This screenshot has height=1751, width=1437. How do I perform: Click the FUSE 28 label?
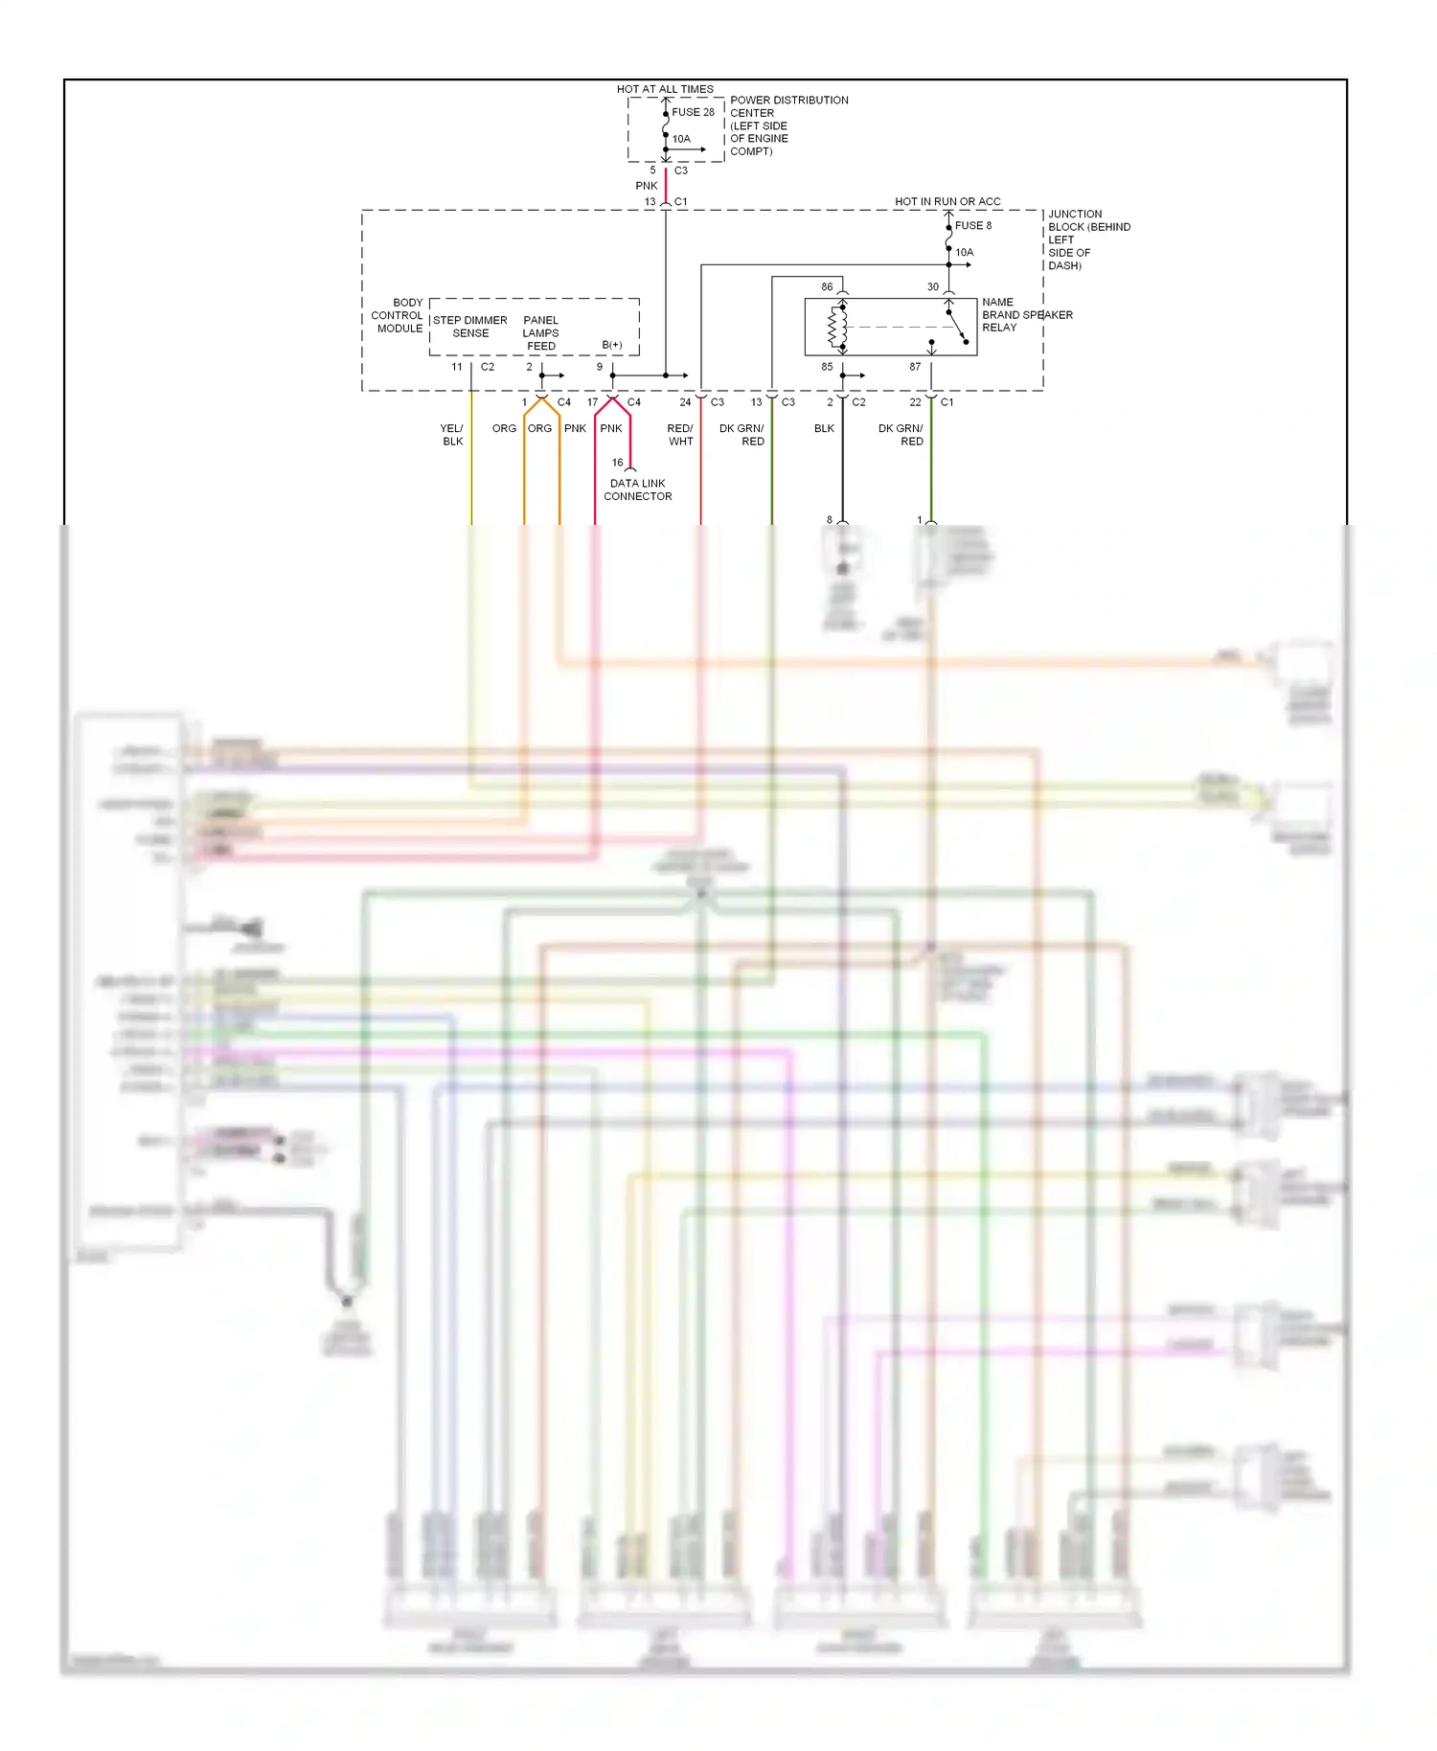tap(693, 112)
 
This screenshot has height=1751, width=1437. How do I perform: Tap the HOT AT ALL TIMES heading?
tap(664, 89)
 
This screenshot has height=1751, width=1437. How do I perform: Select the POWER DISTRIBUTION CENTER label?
tap(788, 125)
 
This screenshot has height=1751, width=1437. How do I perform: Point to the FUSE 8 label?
tap(972, 226)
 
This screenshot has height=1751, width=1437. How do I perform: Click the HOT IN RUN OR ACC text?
tap(947, 202)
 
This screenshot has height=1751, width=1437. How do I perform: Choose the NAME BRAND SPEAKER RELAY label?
tap(1026, 315)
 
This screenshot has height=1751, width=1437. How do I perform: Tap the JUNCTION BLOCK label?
tap(1088, 239)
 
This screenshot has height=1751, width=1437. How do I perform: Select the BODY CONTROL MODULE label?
tap(398, 315)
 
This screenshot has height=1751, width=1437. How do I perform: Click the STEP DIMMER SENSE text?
tap(470, 327)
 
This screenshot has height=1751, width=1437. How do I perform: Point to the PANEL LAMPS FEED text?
tap(540, 333)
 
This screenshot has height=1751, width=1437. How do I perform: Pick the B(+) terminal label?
tap(611, 345)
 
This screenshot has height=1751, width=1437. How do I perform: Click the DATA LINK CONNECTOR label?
tap(637, 489)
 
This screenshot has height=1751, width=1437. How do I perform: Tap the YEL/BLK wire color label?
tap(452, 435)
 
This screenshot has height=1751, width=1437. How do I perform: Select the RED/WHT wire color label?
tap(680, 435)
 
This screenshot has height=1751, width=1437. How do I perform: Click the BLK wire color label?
tap(824, 428)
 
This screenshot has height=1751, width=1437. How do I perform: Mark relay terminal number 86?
tap(827, 286)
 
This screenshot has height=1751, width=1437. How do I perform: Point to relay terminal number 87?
tap(915, 367)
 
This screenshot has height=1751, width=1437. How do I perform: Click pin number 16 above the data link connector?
tap(617, 463)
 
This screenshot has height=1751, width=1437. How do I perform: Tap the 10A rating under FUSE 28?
tap(680, 139)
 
